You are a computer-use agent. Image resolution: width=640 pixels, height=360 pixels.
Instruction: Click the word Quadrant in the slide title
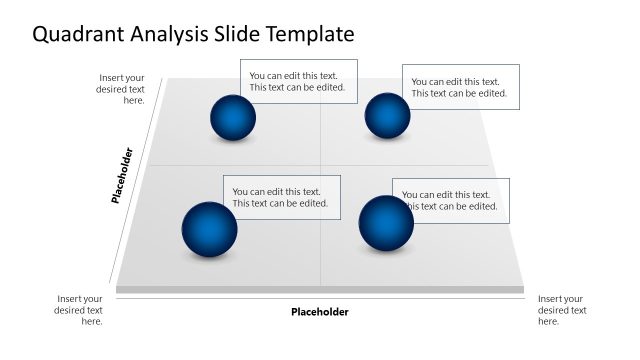[x=78, y=35]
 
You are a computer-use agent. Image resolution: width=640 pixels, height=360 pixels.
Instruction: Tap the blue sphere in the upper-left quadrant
[x=233, y=118]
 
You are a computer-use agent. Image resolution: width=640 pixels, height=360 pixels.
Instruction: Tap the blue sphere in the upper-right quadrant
[x=387, y=116]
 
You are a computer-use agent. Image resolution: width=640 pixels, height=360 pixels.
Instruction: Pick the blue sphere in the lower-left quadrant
[x=209, y=229]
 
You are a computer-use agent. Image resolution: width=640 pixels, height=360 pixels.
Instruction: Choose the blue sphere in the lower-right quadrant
[x=385, y=223]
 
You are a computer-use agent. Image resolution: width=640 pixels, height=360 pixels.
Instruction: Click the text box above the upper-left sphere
[x=298, y=81]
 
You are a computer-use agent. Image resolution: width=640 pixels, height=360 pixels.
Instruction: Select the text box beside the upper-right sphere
[x=460, y=87]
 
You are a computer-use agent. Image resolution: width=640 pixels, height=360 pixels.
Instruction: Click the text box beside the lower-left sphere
[x=282, y=197]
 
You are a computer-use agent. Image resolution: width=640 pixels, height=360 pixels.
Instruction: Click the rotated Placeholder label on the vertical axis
[x=122, y=176]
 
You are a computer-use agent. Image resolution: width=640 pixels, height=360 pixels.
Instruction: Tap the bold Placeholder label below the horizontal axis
[x=320, y=312]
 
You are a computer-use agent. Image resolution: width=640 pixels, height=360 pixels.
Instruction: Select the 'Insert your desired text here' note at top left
[x=122, y=89]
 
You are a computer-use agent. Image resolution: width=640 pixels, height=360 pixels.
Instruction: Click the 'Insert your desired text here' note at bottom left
[x=79, y=310]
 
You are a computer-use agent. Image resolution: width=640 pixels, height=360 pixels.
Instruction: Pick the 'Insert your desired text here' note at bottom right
[x=561, y=310]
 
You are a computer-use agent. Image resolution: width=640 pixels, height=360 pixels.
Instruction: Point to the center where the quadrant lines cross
[x=320, y=165]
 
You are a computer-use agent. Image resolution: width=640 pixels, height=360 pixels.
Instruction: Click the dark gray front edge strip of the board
[x=320, y=290]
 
